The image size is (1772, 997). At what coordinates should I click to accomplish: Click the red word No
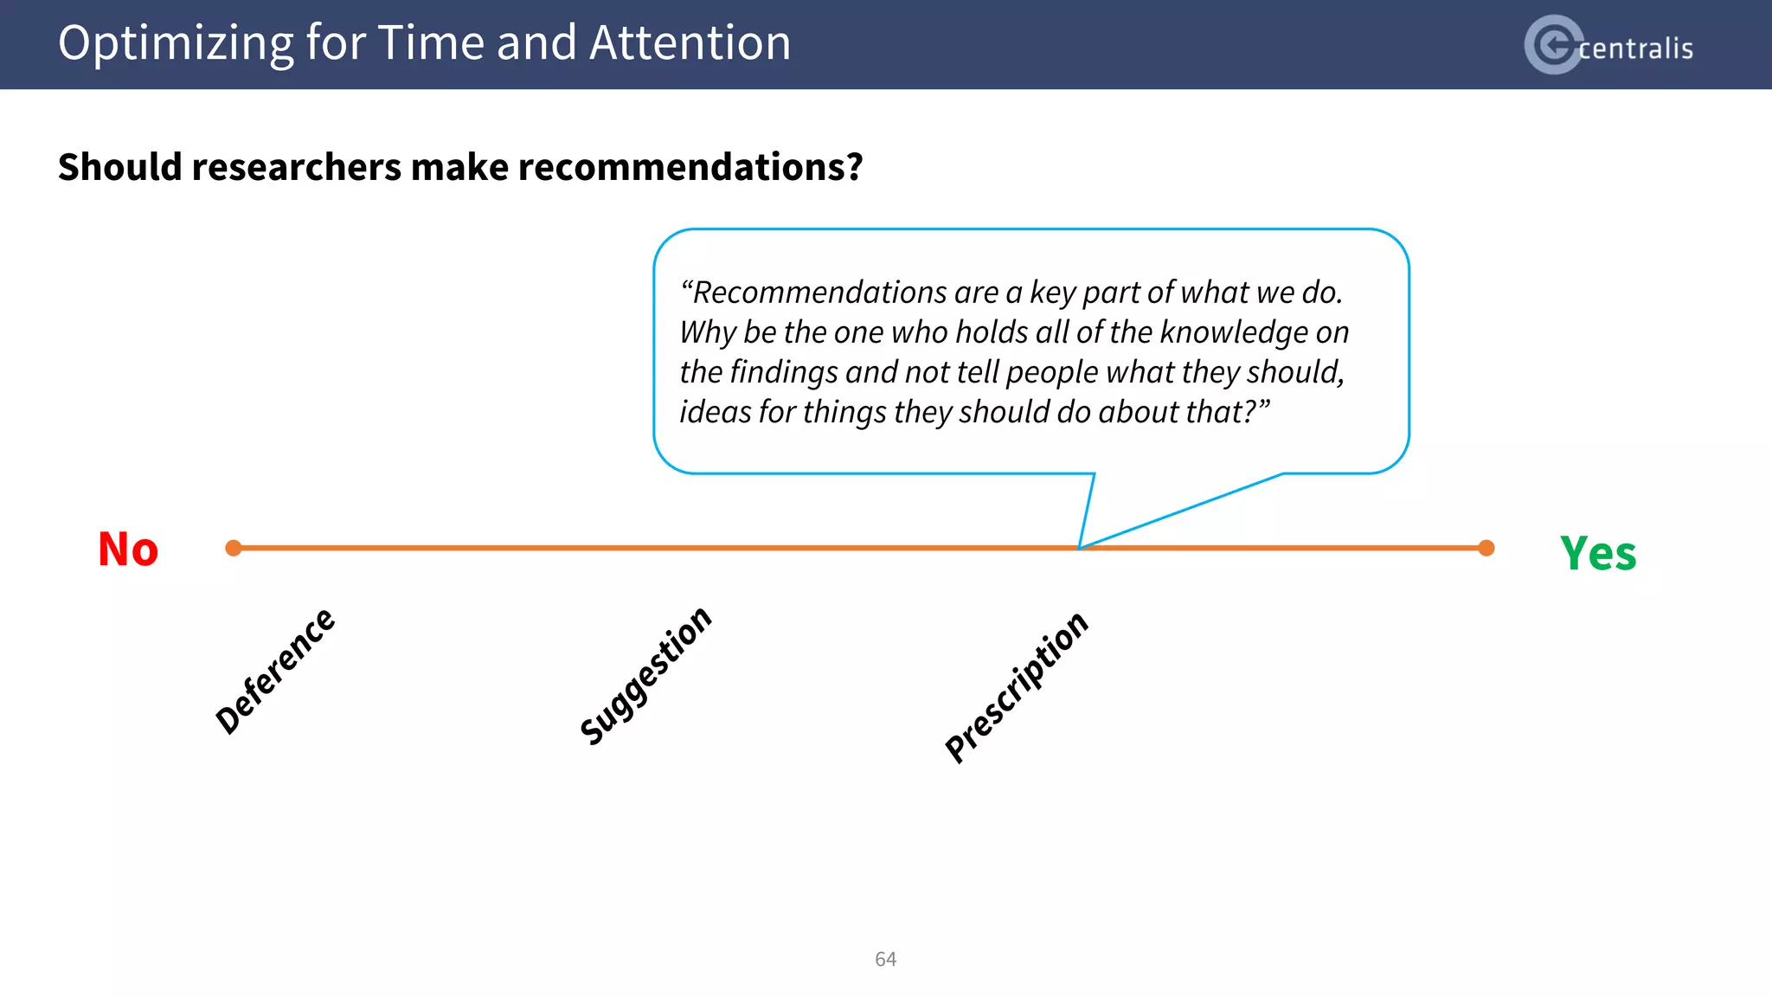128,550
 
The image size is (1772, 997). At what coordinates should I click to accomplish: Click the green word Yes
1597,554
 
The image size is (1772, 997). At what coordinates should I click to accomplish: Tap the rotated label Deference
275,671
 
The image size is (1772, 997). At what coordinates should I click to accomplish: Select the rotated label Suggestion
645,676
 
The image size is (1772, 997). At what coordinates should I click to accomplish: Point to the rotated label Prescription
1017,687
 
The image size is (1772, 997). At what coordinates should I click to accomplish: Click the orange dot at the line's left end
234,548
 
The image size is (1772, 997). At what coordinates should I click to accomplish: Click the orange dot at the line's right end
1486,548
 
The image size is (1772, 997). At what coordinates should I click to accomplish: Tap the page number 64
885,959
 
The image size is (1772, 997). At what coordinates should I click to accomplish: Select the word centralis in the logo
1635,48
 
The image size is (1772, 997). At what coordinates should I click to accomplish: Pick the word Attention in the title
690,43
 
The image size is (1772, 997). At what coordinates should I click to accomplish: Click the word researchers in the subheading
296,167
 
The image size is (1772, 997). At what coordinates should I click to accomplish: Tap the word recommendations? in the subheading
690,167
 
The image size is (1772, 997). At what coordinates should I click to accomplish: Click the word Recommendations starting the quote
819,293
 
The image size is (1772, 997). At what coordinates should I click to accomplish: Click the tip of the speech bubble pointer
1079,547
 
